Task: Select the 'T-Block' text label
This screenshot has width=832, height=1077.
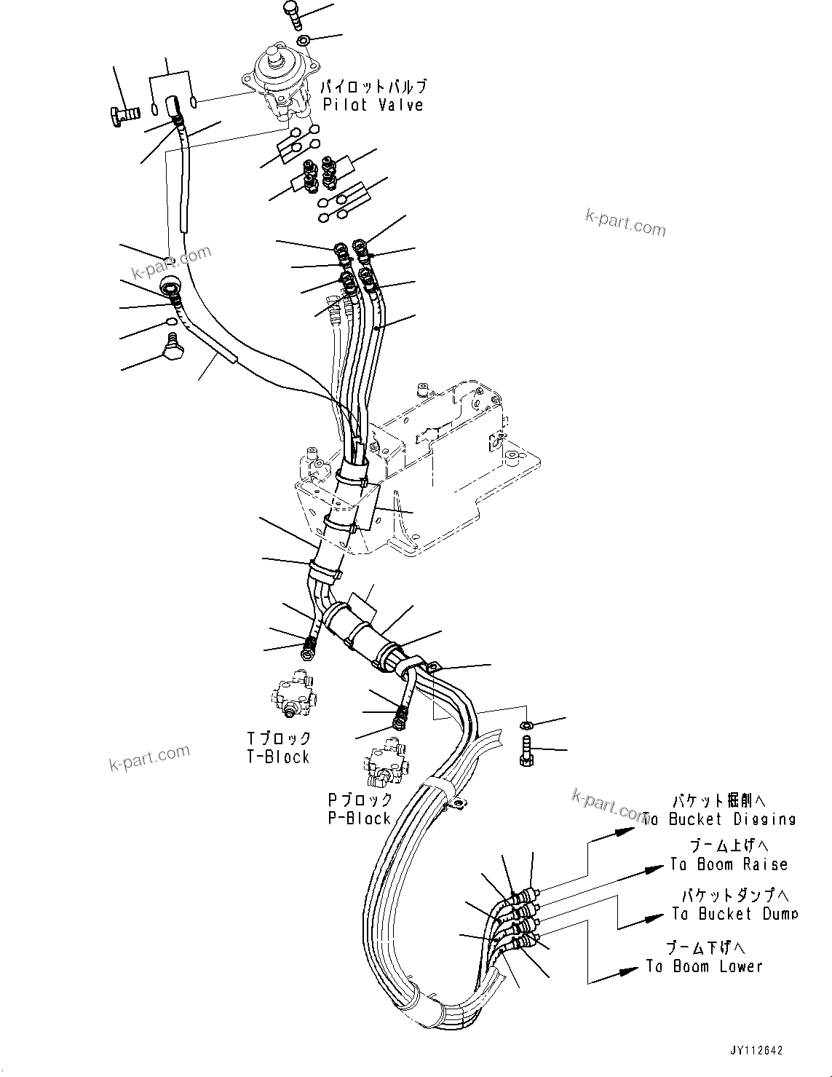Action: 278,757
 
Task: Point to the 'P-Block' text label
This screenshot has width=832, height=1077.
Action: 360,818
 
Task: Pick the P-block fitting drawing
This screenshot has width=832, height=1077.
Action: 384,765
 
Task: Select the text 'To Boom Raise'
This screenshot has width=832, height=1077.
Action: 729,864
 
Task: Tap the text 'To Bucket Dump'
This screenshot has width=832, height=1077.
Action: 734,914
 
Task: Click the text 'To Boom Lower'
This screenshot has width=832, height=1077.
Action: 704,966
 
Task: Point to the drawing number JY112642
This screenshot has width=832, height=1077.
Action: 756,1050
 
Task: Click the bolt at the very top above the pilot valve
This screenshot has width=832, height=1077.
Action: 291,12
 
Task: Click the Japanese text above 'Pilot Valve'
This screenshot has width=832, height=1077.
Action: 375,87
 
